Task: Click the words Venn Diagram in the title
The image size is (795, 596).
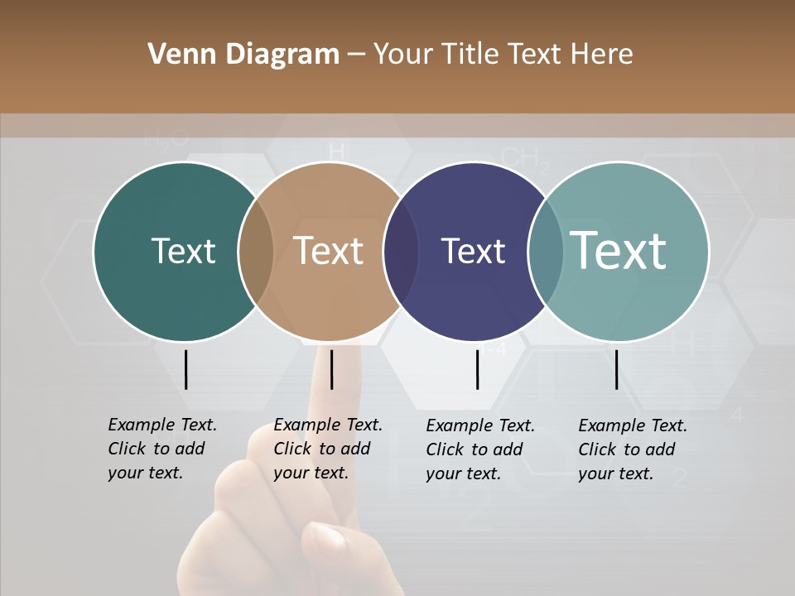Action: pyautogui.click(x=243, y=55)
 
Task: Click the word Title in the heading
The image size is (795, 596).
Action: pyautogui.click(x=470, y=55)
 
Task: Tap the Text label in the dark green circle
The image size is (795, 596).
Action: pyautogui.click(x=183, y=251)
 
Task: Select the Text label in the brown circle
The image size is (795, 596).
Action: pyautogui.click(x=329, y=251)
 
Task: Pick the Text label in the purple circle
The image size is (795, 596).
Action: pyautogui.click(x=473, y=252)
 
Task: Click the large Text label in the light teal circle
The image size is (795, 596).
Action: pyautogui.click(x=619, y=251)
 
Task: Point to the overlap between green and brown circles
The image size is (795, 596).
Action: pyautogui.click(x=256, y=252)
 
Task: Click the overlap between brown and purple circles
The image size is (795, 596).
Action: pyautogui.click(x=401, y=252)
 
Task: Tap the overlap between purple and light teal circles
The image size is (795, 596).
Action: pyautogui.click(x=546, y=252)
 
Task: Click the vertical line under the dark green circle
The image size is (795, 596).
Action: pyautogui.click(x=186, y=369)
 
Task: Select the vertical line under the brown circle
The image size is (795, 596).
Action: pyautogui.click(x=331, y=369)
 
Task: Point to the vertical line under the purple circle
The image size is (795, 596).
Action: pyautogui.click(x=477, y=369)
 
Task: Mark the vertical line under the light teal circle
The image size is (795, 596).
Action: pyautogui.click(x=616, y=369)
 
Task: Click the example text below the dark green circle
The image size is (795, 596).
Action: pyautogui.click(x=161, y=449)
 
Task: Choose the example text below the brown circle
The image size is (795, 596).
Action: pyautogui.click(x=327, y=449)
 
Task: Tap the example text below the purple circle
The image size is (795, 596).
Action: pyautogui.click(x=479, y=449)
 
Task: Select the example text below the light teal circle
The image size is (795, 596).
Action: pyautogui.click(x=632, y=449)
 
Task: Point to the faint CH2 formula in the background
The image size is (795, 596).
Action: pyautogui.click(x=525, y=158)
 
